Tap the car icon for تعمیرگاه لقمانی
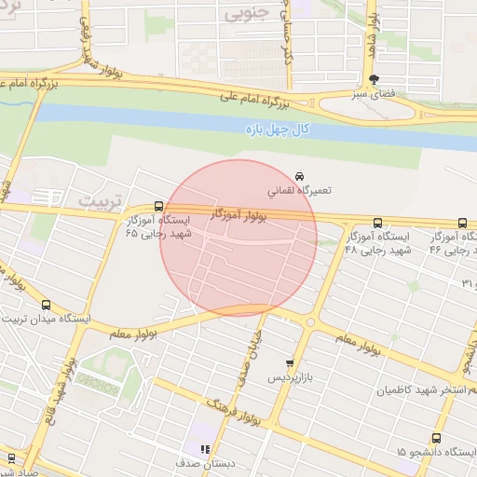coord(299,176)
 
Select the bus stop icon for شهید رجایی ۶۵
coord(158,207)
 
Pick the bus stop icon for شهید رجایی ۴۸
coord(377,223)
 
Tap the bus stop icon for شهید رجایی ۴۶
coord(463,223)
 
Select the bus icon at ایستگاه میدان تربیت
coord(47,305)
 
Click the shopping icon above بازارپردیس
coord(290,363)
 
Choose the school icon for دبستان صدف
coord(205,449)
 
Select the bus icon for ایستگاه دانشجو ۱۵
coord(436,438)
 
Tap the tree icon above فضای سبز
coord(374,80)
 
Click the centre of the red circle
coord(238,238)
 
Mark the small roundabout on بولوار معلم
coord(311,322)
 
